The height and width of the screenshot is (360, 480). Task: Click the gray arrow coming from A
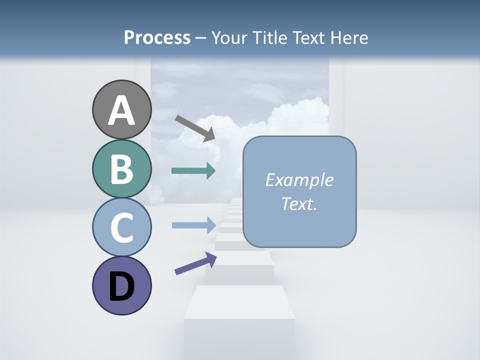click(195, 128)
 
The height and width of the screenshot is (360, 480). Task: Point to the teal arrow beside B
click(193, 171)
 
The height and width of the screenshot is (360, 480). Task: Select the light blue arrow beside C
click(193, 225)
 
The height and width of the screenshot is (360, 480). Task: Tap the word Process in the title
click(157, 37)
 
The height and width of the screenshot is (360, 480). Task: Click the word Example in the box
click(299, 180)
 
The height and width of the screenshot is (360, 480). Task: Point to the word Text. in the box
click(299, 203)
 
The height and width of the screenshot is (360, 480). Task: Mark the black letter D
click(121, 287)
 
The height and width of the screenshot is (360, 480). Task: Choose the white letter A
click(121, 111)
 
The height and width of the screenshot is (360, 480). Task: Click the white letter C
click(121, 228)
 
